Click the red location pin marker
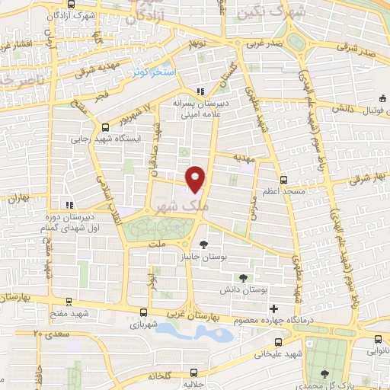[x=197, y=178]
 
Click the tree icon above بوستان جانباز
[x=203, y=244]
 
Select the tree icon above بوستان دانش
[x=243, y=278]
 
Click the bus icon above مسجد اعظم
[x=283, y=181]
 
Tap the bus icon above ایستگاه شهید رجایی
[x=104, y=128]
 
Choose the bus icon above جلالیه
[x=193, y=373]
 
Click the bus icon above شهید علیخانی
[x=280, y=342]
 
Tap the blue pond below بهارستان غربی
[x=190, y=332]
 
